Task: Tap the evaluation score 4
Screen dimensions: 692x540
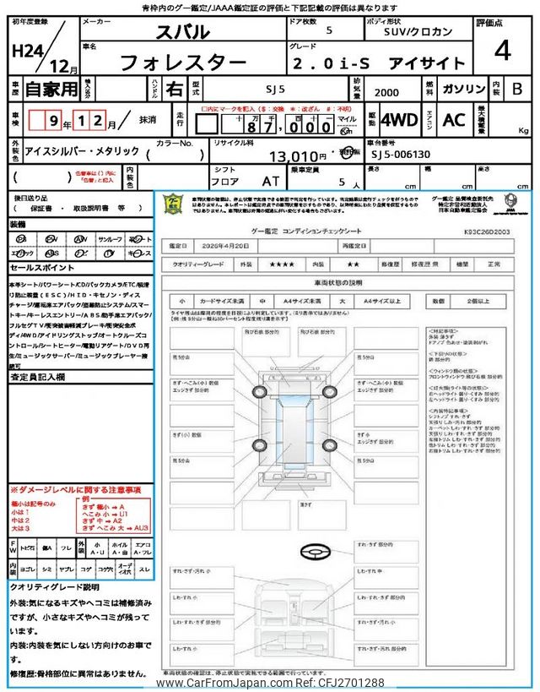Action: (x=503, y=52)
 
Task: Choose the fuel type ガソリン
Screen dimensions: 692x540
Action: (x=462, y=88)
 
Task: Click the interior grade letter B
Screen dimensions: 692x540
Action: (x=517, y=88)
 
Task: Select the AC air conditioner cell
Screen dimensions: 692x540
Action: (x=453, y=120)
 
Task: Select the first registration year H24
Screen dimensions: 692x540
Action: (x=29, y=52)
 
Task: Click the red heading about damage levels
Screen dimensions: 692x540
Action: (x=76, y=490)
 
